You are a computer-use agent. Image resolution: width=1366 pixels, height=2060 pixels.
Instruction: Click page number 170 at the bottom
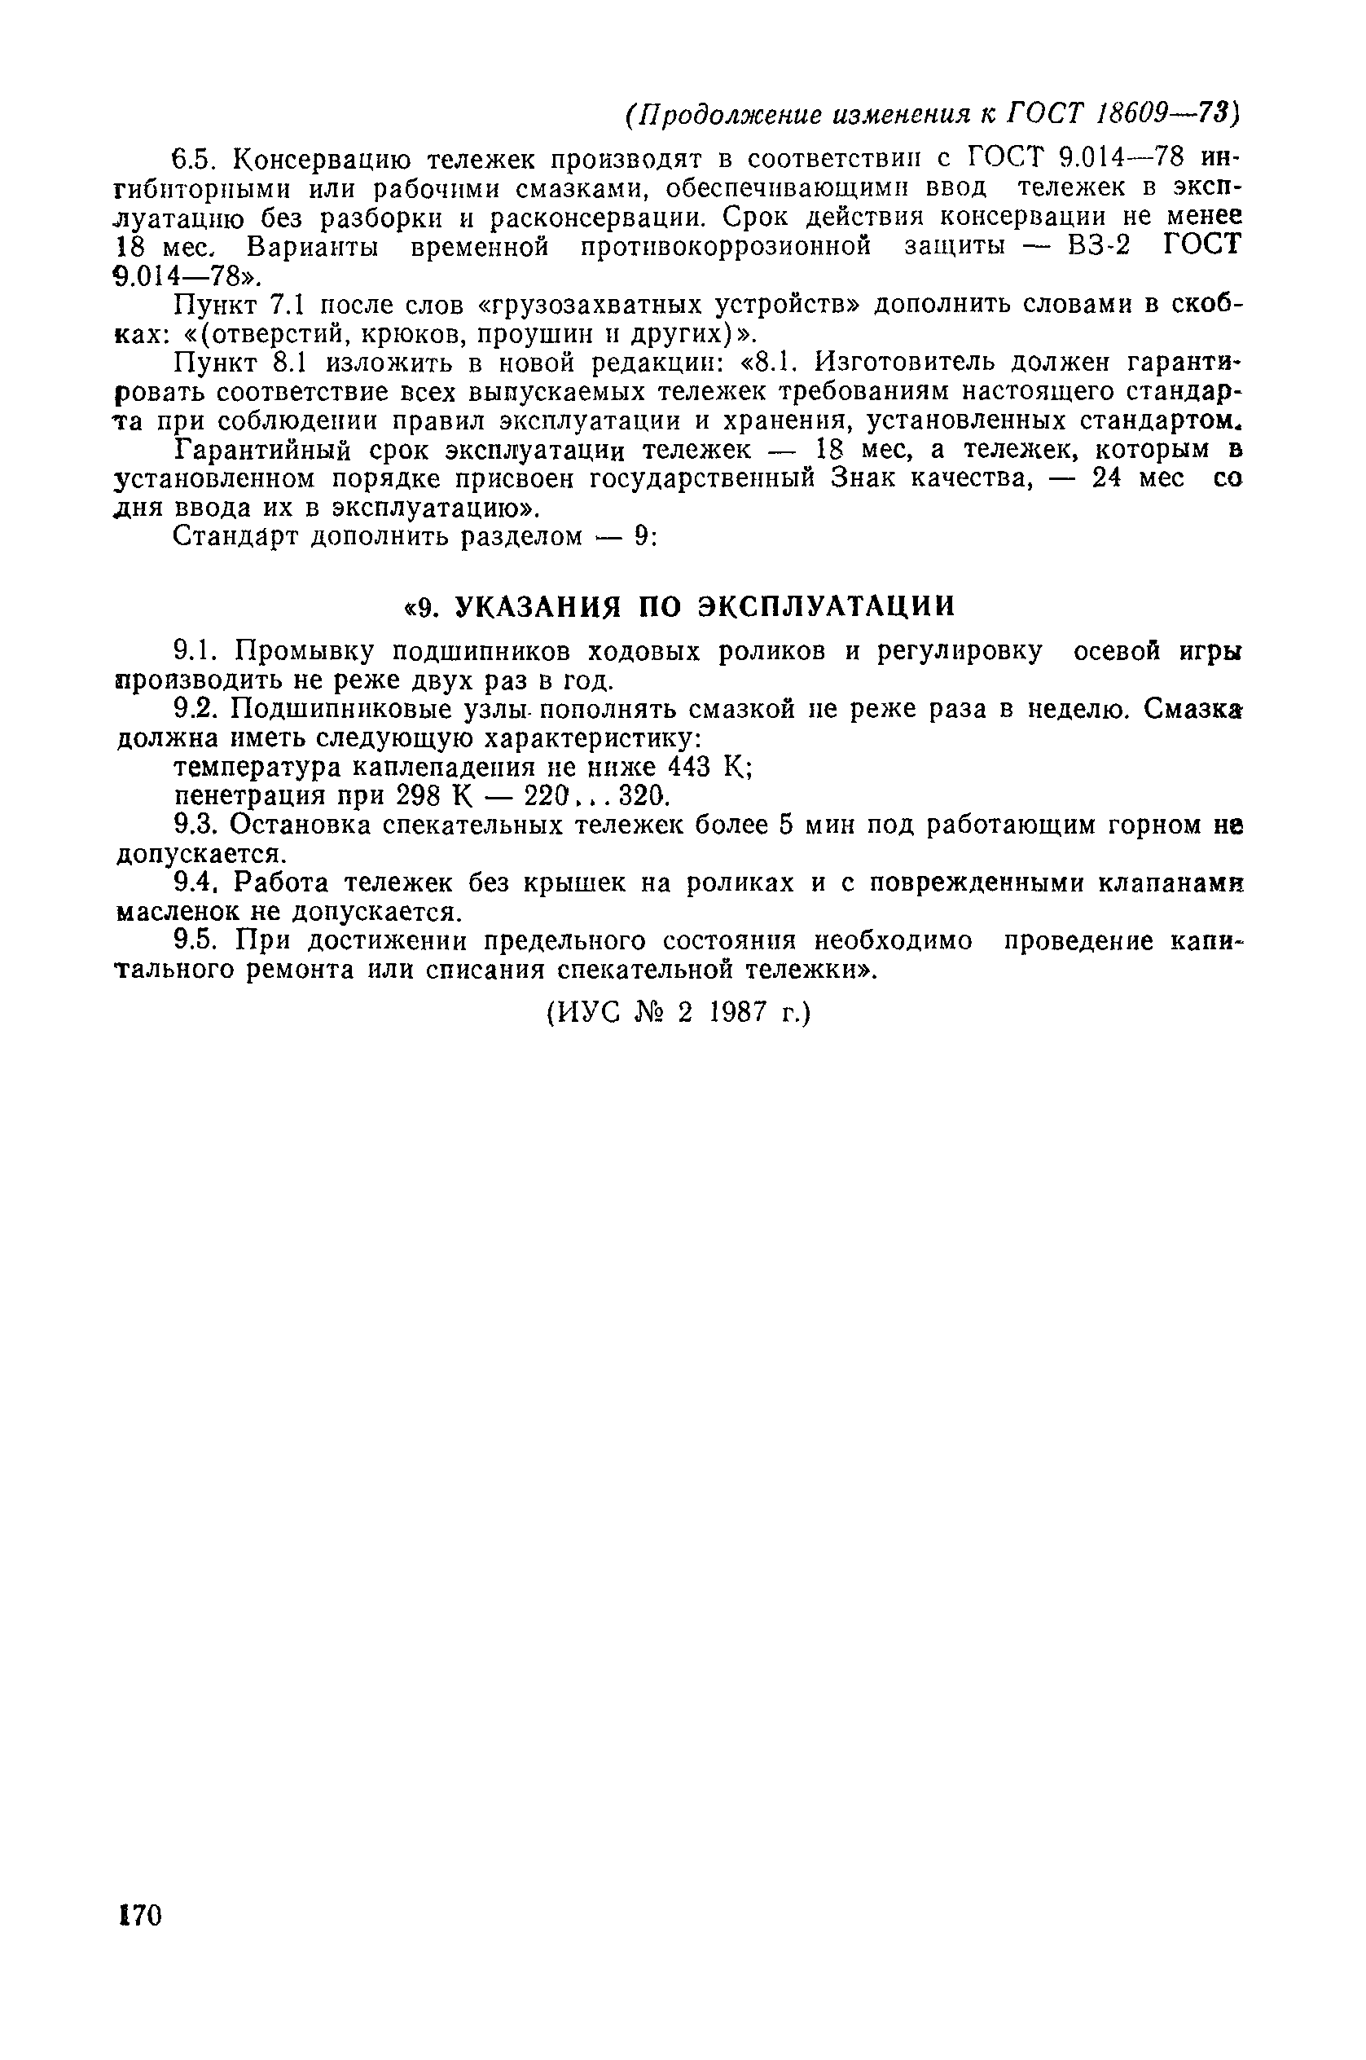pos(139,1917)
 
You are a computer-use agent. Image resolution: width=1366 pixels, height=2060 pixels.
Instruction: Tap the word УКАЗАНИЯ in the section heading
pos(539,606)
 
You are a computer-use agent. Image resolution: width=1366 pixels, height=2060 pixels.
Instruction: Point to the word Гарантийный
pos(262,450)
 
